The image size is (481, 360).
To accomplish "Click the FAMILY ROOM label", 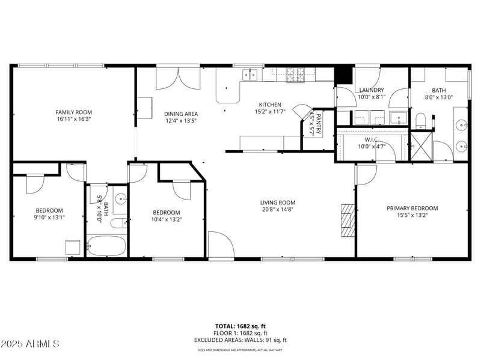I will [74, 112].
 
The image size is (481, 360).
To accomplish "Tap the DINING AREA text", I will [180, 114].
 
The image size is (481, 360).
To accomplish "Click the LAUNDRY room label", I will [371, 90].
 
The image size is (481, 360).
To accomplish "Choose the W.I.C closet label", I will [371, 139].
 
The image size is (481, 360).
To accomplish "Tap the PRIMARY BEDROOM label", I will [412, 208].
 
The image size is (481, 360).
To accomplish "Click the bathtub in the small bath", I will [106, 246].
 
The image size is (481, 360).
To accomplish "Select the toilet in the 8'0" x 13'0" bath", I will [421, 120].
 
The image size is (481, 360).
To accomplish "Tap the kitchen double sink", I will [250, 75].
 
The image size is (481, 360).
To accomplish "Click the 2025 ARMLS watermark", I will [30, 344].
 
